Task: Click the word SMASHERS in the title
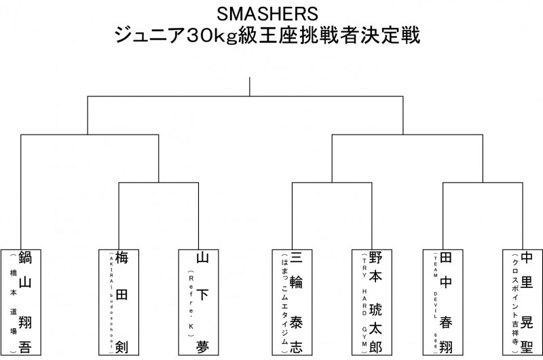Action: (271, 14)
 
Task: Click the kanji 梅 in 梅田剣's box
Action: (123, 258)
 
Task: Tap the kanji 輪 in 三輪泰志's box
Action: (296, 283)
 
